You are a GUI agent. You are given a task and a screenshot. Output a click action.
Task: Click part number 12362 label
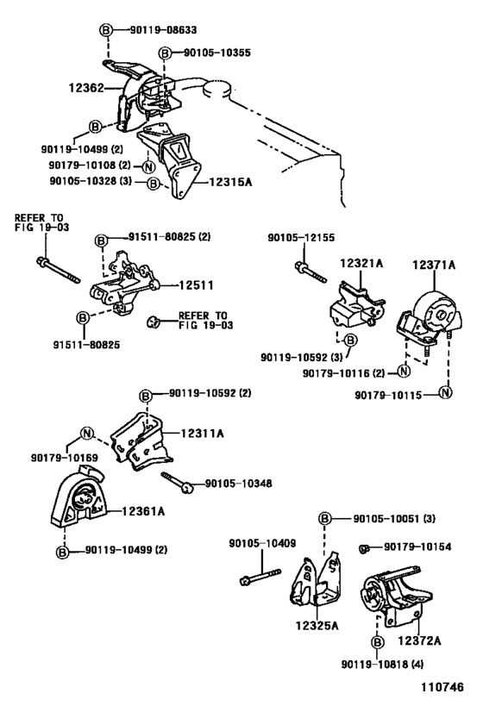pyautogui.click(x=86, y=87)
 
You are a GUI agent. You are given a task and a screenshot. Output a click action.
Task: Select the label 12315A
pyautogui.click(x=229, y=182)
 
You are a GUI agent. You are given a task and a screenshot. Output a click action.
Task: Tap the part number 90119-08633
pyautogui.click(x=163, y=30)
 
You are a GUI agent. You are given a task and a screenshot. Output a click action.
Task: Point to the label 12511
pyautogui.click(x=196, y=285)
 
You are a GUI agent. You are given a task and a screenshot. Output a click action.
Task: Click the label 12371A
pyautogui.click(x=434, y=266)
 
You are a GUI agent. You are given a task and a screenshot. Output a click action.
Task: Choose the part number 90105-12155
pyautogui.click(x=301, y=238)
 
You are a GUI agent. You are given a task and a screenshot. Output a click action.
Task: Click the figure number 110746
pyautogui.click(x=442, y=687)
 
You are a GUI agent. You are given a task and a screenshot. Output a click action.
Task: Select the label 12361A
pyautogui.click(x=143, y=511)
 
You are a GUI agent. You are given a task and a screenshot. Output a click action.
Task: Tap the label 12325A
pyautogui.click(x=317, y=626)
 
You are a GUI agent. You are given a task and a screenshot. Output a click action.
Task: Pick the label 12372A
pyautogui.click(x=419, y=640)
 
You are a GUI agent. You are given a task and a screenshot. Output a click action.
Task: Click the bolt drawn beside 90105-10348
pyautogui.click(x=178, y=482)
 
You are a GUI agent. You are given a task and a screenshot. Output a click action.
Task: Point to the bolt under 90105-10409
pyautogui.click(x=260, y=577)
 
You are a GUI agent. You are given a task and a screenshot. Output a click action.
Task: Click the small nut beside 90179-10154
pyautogui.click(x=365, y=548)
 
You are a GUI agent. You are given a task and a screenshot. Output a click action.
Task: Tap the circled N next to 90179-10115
pyautogui.click(x=445, y=392)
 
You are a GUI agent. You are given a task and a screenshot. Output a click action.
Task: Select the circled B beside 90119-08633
pyautogui.click(x=105, y=30)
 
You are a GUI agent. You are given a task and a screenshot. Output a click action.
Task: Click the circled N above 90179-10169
pyautogui.click(x=86, y=434)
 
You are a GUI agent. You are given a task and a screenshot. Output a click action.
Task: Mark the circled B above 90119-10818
pyautogui.click(x=378, y=641)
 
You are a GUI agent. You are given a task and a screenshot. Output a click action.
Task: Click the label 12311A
pyautogui.click(x=203, y=434)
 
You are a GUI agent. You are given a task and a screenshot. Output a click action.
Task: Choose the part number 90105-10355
pyautogui.click(x=217, y=53)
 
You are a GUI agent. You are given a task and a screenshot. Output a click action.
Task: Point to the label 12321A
pyautogui.click(x=361, y=263)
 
